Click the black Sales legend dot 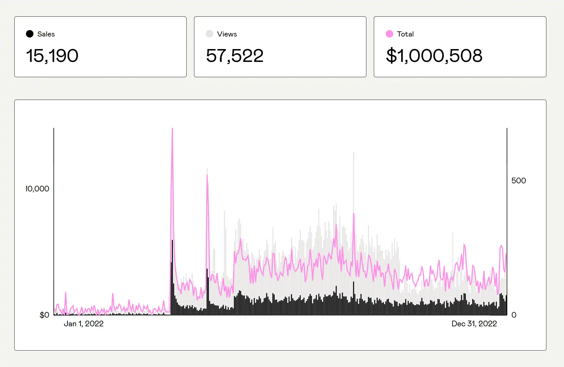pos(30,34)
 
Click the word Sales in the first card pos(46,34)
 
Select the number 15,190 pos(52,56)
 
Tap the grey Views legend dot pos(209,34)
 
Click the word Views pos(227,34)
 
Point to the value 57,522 pos(235,56)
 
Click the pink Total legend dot pos(389,34)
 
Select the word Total pos(405,34)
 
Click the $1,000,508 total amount pos(434,56)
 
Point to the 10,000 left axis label pos(37,189)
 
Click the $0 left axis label pos(44,315)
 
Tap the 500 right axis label pos(519,181)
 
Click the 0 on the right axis pos(514,315)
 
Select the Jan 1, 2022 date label pos(84,324)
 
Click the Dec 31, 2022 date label pos(474,324)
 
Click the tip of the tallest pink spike pos(172,129)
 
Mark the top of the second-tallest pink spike pos(207,175)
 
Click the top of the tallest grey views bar pos(354,153)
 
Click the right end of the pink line pos(506,255)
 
